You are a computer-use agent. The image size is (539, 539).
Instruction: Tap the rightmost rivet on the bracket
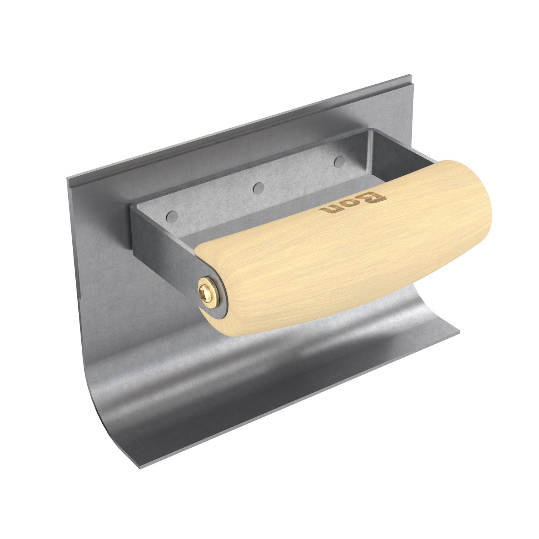339,161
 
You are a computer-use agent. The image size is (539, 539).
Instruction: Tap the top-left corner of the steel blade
68,179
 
